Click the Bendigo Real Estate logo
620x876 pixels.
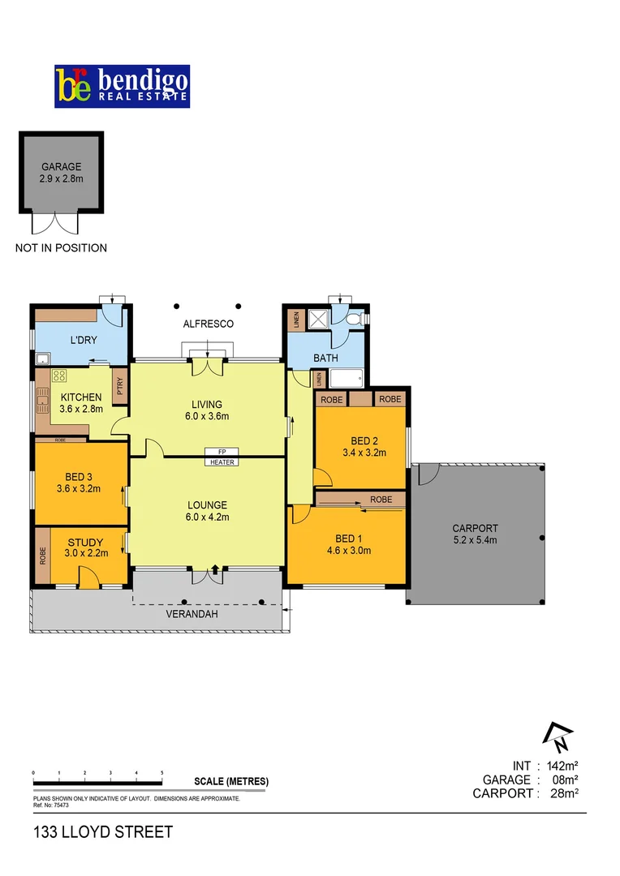pos(122,87)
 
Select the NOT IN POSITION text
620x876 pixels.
pos(61,248)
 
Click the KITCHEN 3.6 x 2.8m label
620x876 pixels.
pos(82,403)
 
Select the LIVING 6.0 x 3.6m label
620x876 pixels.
pos(207,410)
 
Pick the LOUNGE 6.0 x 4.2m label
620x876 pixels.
pos(207,510)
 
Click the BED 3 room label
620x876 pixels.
pos(79,483)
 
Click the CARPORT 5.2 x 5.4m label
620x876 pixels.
pos(475,534)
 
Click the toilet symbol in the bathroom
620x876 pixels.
pos(351,320)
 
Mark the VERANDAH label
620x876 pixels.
pos(192,614)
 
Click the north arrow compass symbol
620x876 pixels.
pos(558,735)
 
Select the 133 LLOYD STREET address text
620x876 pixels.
pos(103,832)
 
